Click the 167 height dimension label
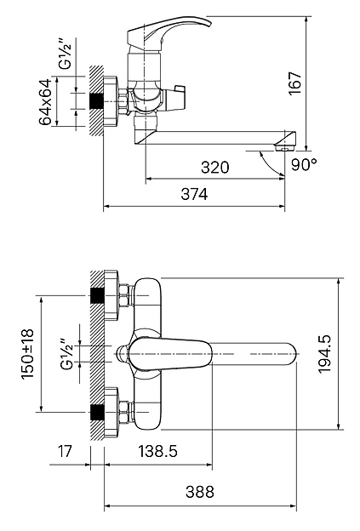[x=295, y=83]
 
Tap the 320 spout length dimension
[x=215, y=168]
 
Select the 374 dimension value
[x=194, y=194]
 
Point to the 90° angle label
[x=304, y=164]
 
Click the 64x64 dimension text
[x=45, y=102]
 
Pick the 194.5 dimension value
[x=325, y=354]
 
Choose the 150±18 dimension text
[x=28, y=354]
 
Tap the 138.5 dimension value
[x=157, y=451]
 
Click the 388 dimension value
[x=200, y=492]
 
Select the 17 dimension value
[x=65, y=451]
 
